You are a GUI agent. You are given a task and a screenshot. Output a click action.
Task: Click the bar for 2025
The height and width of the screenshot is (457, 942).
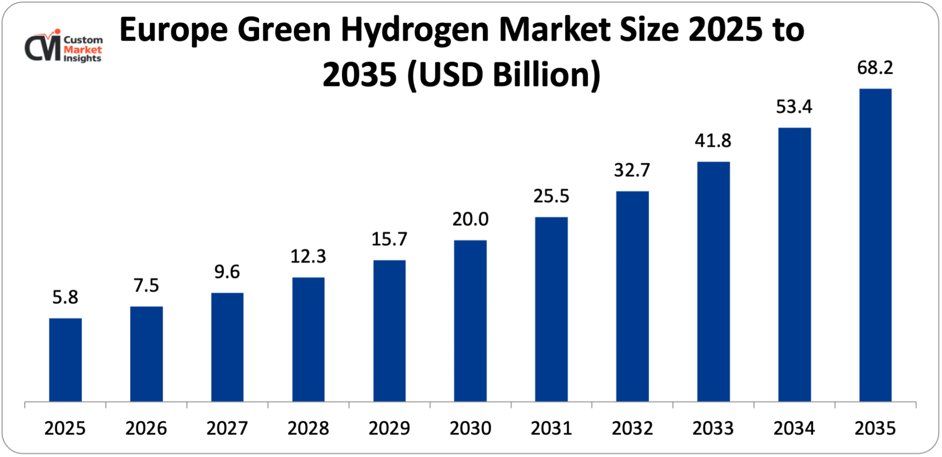pos(65,359)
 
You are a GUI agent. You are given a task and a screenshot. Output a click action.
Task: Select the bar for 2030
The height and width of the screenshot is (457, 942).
pos(470,321)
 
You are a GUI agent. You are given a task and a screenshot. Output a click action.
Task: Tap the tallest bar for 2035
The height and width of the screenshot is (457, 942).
pos(875,245)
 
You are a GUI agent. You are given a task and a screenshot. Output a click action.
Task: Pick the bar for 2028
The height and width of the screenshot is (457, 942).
pos(308,339)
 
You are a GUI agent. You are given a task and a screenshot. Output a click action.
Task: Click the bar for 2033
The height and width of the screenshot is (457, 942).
pos(713,282)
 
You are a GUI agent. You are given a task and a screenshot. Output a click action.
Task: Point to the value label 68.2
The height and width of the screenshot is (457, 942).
pos(875,68)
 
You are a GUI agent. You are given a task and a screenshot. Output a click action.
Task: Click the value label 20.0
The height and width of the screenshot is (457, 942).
pos(470,219)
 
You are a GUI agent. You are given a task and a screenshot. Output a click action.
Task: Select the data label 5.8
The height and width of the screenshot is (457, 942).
pos(65,297)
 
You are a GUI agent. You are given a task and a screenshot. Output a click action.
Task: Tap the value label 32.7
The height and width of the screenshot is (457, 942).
pos(632,170)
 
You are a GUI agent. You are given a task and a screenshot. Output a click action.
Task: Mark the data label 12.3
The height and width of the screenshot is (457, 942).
pos(308,257)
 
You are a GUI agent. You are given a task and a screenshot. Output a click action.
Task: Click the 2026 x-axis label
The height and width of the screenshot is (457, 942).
pos(146,428)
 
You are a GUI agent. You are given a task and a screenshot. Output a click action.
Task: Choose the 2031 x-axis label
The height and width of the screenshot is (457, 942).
pos(551,428)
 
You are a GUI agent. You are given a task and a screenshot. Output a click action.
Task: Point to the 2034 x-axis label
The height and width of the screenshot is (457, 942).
pos(794,428)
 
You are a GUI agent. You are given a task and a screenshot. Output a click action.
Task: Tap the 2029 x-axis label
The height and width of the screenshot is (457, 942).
pos(389,428)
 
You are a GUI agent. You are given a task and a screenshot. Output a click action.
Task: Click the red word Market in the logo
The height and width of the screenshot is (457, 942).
pos(83,50)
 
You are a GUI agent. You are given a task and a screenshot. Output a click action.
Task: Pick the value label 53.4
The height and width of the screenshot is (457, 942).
pos(794,107)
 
